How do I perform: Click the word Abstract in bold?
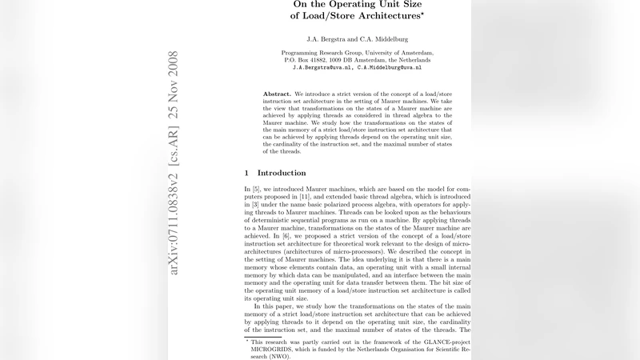[x=277, y=94]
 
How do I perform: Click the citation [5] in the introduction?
[x=256, y=188]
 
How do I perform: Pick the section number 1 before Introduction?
[x=246, y=173]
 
